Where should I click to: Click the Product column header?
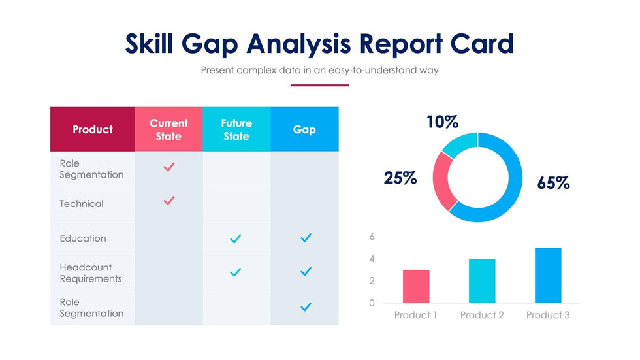pyautogui.click(x=92, y=129)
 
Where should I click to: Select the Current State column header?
pyautogui.click(x=168, y=129)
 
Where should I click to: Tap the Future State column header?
pyautogui.click(x=236, y=129)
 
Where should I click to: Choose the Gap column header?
pyautogui.click(x=304, y=129)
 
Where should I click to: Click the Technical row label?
pyautogui.click(x=82, y=204)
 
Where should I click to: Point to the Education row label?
pyautogui.click(x=83, y=238)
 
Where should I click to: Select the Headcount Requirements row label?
pyautogui.click(x=91, y=273)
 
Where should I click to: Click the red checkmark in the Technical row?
pyautogui.click(x=168, y=201)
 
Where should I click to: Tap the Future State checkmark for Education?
pyautogui.click(x=236, y=239)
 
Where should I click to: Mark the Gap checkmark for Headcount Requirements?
pyautogui.click(x=305, y=271)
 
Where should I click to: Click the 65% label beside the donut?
pyautogui.click(x=553, y=184)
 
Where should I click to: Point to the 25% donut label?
pyautogui.click(x=400, y=178)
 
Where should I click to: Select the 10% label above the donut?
pyautogui.click(x=442, y=122)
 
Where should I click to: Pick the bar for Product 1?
pyautogui.click(x=416, y=286)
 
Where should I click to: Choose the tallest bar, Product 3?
pyautogui.click(x=548, y=275)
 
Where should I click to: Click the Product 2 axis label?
pyautogui.click(x=482, y=315)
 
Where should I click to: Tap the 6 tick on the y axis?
pyautogui.click(x=372, y=237)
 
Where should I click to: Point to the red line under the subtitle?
pyautogui.click(x=319, y=85)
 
